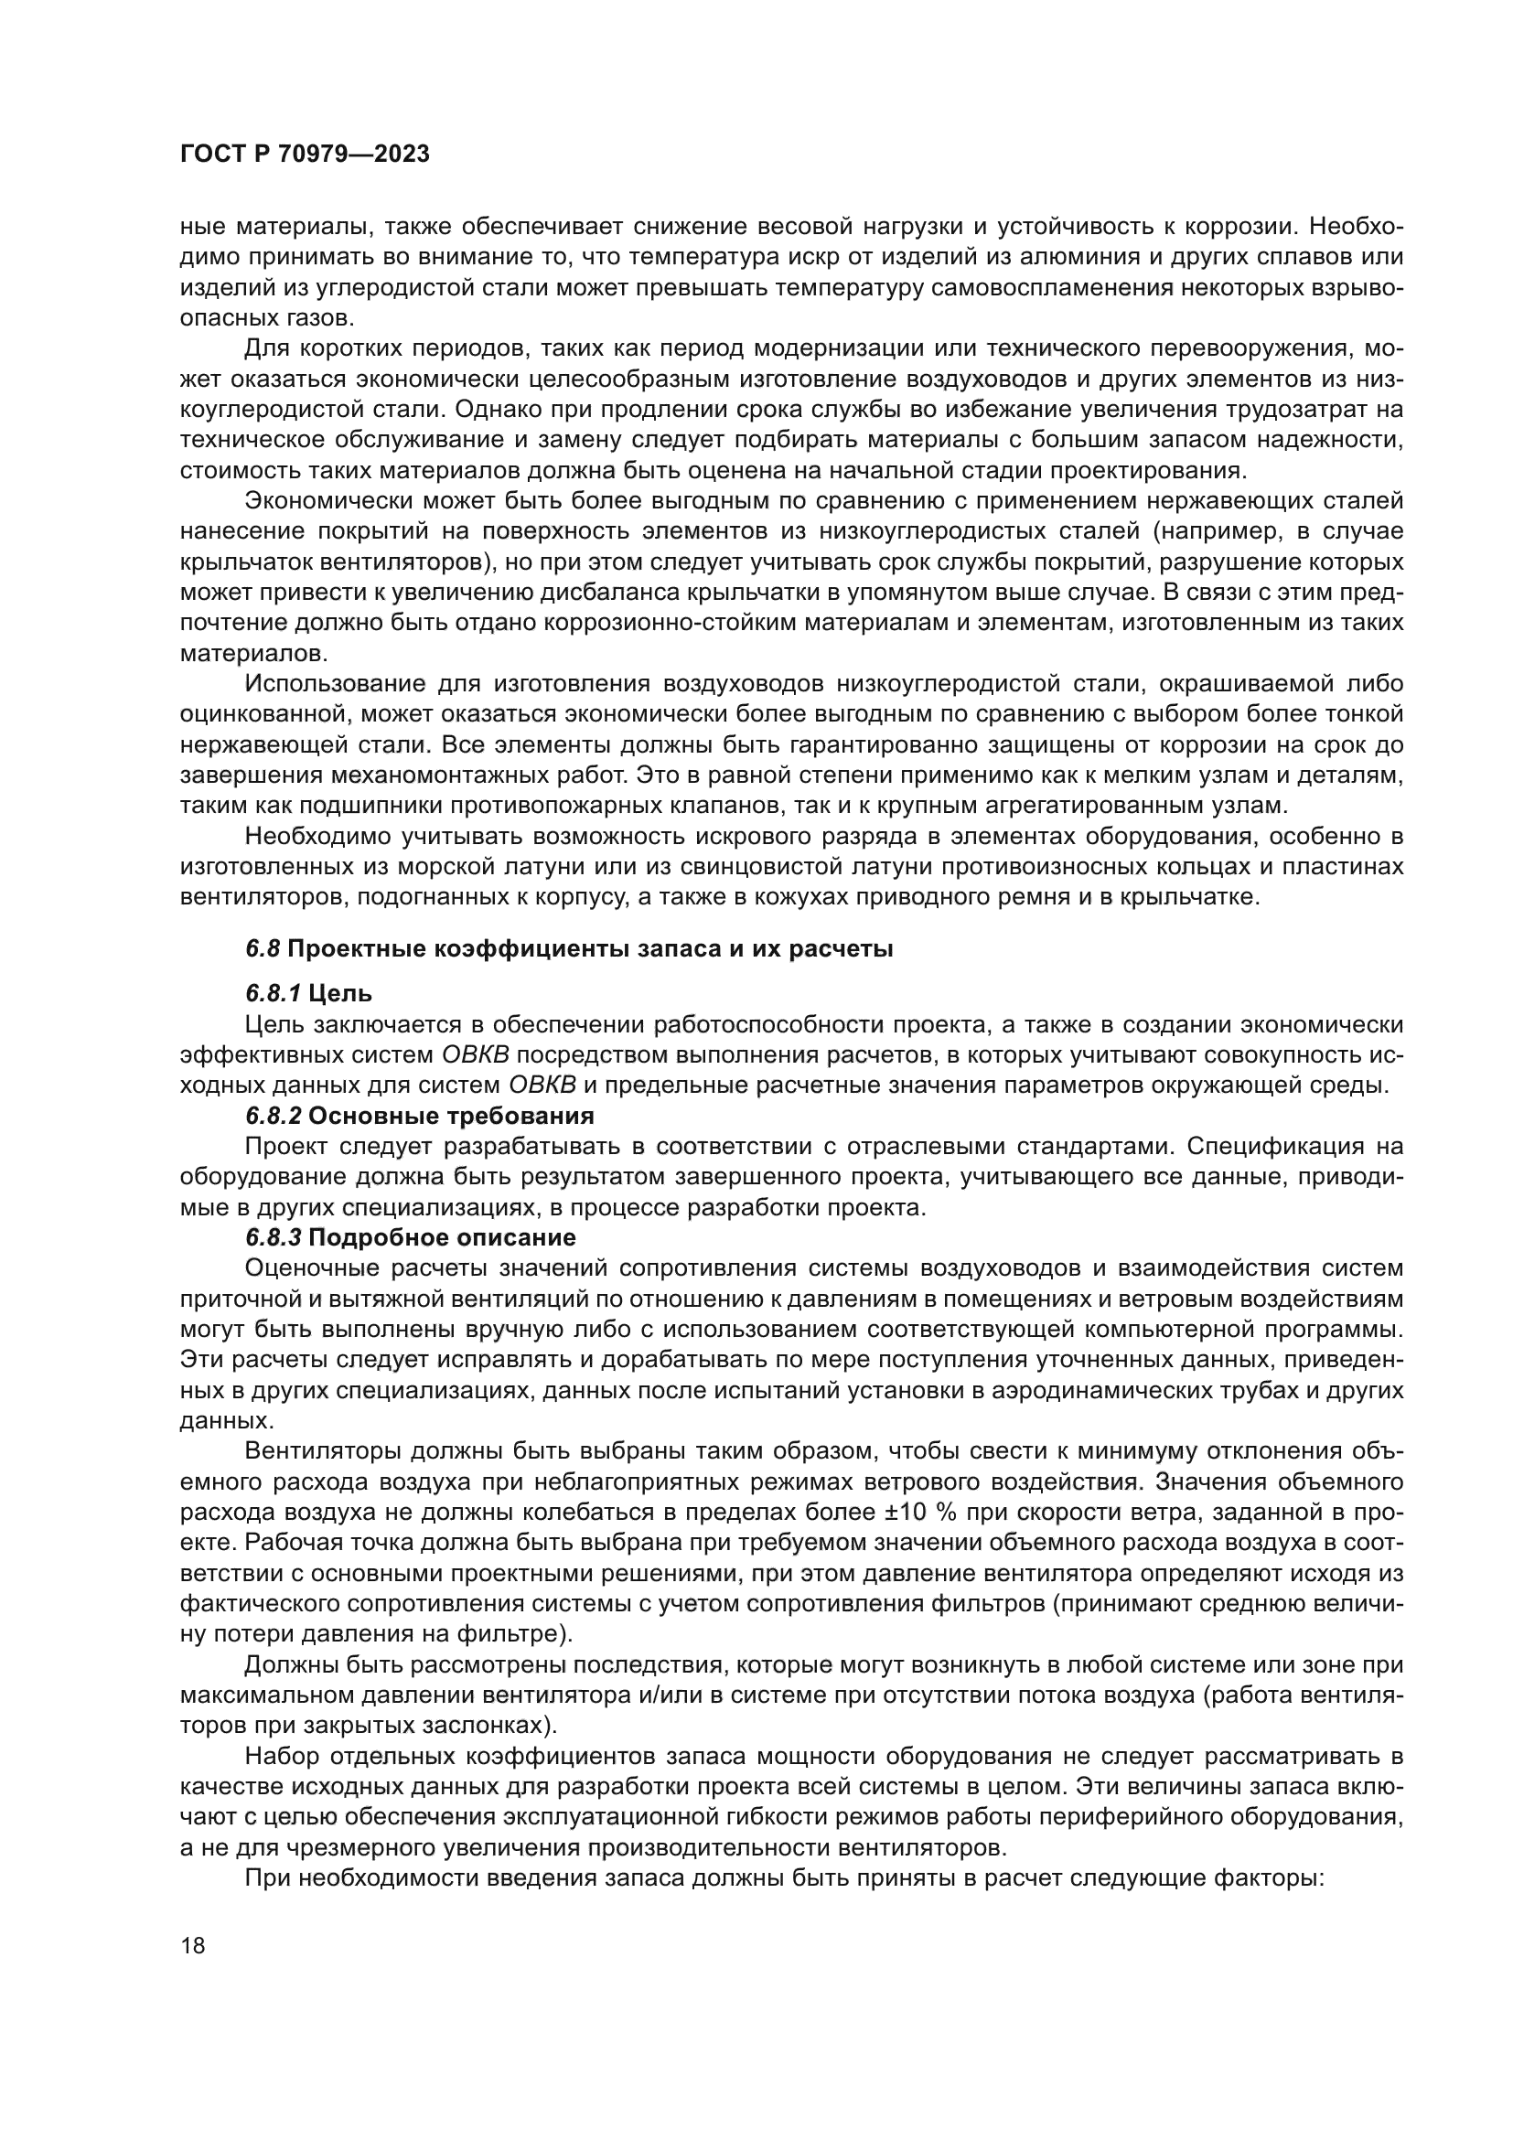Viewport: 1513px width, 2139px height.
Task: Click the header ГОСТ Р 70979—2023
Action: pos(305,155)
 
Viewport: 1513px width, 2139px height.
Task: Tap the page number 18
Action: pos(193,1945)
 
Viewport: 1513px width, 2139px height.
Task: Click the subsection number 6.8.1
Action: pos(273,994)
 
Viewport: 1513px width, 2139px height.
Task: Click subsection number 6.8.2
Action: pos(273,1116)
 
